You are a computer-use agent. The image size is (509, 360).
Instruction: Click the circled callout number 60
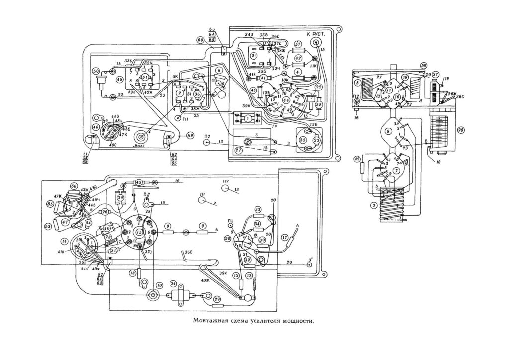pos(200,40)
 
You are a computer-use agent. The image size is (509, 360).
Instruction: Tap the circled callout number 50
pos(95,71)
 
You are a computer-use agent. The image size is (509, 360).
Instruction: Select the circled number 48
pos(119,80)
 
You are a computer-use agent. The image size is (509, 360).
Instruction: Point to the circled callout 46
pos(96,128)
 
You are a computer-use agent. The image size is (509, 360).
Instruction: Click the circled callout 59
pos(189,135)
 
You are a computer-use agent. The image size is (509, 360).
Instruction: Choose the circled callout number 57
pos(298,44)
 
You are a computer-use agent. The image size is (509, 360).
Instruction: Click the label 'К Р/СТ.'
pos(316,34)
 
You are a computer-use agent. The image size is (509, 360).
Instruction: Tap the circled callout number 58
pos(424,65)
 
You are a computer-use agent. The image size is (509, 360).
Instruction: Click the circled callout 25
pos(461,130)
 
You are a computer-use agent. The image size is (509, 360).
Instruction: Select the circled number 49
pos(357,159)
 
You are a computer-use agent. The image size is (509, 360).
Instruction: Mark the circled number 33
pos(258,209)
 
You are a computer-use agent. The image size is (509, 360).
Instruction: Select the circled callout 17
pos(285,238)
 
